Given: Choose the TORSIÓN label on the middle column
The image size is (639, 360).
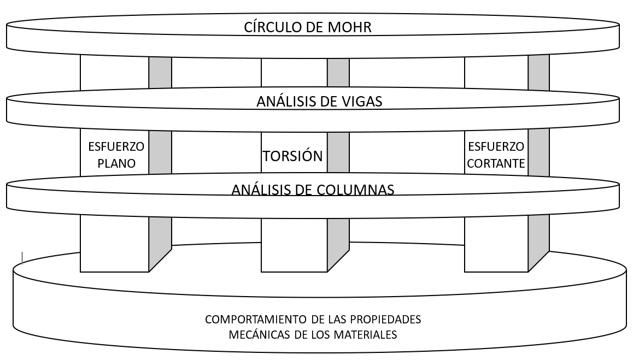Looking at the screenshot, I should pos(293,156).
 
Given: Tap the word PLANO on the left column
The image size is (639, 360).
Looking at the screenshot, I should pos(115,163).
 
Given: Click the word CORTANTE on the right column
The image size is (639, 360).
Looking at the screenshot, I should pos(496,163).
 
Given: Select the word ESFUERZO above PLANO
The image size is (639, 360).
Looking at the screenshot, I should pos(116,147).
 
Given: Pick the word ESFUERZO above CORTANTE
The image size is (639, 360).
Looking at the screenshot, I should pos(496,147).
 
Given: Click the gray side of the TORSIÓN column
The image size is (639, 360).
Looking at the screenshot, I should pos(338,154).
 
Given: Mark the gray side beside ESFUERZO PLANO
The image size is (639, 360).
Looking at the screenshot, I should pos(160,154).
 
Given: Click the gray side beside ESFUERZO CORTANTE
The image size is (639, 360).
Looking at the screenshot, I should pos(538,154).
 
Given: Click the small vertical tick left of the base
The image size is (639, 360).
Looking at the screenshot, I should pos(22,257).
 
